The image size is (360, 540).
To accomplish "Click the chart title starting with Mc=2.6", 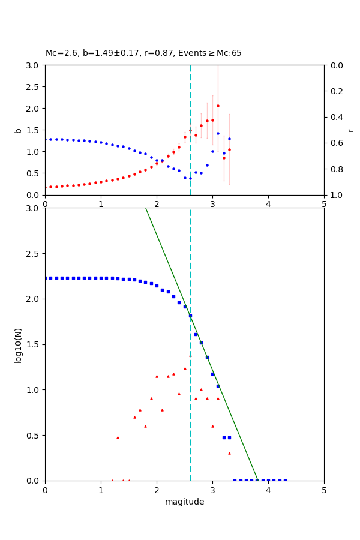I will click(143, 53).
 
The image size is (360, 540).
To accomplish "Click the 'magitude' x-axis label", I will click(184, 502).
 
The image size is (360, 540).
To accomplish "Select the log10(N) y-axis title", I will click(19, 344).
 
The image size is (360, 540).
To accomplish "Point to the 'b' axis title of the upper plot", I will click(19, 130).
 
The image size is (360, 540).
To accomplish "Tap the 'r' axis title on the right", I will click(351, 130).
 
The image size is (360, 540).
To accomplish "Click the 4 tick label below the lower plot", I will click(268, 490).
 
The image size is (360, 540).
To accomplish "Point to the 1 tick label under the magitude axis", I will click(101, 490).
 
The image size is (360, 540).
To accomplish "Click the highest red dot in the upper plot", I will click(218, 106).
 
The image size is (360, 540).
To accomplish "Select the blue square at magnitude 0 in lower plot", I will click(46, 278).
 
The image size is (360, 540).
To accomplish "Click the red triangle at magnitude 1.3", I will click(118, 437).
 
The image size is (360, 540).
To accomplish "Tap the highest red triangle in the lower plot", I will click(185, 368).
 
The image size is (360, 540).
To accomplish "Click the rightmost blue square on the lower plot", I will click(285, 480).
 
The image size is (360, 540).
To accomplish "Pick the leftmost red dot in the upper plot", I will click(46, 187).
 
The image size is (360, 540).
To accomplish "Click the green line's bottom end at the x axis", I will click(257, 480).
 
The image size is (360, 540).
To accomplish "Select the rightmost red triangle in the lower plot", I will click(229, 453).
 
